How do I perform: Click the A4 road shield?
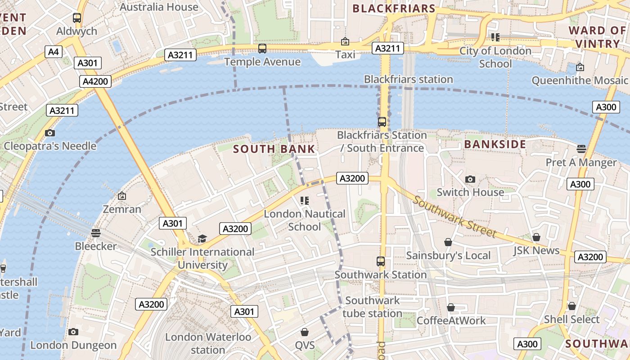54,52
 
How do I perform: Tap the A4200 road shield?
96,81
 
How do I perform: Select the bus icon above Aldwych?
77,18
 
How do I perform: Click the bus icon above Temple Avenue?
262,49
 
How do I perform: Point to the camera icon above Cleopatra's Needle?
50,133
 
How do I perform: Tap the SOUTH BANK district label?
274,149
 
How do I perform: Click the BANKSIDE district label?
495,144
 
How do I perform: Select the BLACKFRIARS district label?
394,9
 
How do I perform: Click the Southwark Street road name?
454,217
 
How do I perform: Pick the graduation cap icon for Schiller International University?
202,238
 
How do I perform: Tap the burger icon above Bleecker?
95,233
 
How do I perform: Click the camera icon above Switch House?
470,179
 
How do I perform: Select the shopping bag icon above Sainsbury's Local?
448,242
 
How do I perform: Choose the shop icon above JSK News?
536,237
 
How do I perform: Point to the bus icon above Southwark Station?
381,261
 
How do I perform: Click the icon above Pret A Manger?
581,149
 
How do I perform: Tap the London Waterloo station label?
208,343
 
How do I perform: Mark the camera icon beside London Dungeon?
73,332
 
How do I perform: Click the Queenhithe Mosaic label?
580,81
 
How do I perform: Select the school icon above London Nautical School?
305,200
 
